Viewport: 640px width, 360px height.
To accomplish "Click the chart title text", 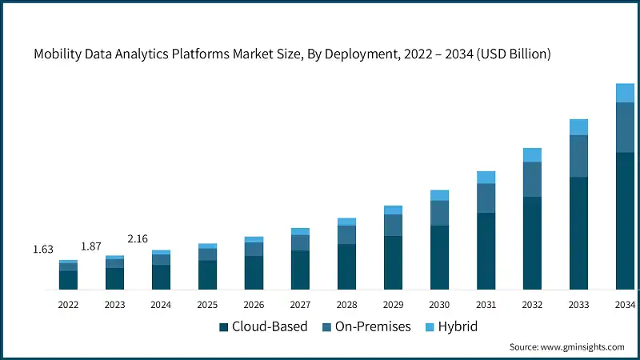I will (292, 54).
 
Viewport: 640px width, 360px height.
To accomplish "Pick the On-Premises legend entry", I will (367, 326).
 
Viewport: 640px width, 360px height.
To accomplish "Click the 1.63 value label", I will (43, 250).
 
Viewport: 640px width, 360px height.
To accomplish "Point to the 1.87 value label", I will (90, 246).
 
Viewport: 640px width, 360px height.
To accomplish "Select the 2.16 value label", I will (138, 238).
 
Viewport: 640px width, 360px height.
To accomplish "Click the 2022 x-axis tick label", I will (68, 305).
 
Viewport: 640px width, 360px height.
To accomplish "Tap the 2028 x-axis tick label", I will (346, 305).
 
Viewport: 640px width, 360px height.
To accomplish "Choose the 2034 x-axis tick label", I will (625, 305).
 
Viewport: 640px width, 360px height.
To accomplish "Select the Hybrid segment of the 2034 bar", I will (625, 93).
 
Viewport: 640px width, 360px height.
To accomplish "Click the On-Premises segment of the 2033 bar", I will (578, 156).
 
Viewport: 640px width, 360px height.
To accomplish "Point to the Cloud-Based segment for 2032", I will (532, 242).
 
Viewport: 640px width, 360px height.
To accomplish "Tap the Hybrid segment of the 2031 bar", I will (486, 178).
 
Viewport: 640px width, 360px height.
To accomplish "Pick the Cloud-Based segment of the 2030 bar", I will (439, 257).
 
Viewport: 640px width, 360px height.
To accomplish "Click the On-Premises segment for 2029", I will (393, 225).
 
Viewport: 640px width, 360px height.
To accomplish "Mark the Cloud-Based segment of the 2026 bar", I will (254, 272).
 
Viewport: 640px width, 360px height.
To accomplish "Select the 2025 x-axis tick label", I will (207, 305).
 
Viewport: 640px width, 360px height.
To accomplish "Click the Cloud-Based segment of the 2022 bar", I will (68, 279).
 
